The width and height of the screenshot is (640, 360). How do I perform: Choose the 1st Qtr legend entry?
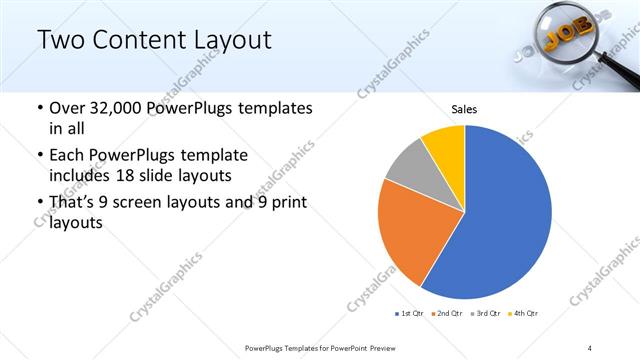[410, 313]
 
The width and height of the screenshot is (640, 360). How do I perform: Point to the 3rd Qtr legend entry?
[486, 313]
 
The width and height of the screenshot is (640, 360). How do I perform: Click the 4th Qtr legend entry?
[524, 313]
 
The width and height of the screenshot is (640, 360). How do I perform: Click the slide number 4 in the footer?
[591, 347]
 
